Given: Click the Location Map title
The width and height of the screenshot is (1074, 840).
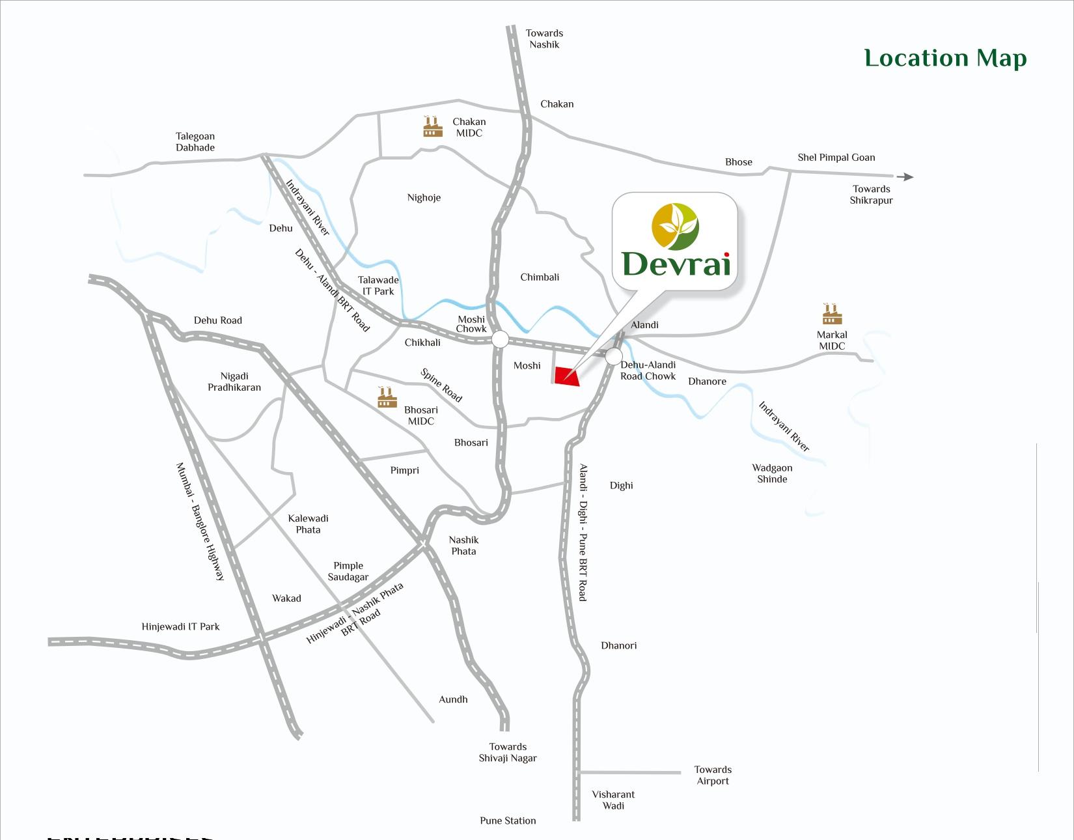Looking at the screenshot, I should click(945, 58).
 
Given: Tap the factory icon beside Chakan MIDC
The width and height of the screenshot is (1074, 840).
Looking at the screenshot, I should click(432, 127).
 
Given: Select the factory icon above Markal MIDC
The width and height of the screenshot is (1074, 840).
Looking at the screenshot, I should click(831, 315).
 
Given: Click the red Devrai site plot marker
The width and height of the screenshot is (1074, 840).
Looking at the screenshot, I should click(566, 376).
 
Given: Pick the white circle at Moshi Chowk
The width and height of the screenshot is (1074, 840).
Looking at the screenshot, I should click(500, 339).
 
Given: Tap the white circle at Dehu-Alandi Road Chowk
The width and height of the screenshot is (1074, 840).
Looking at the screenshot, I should click(613, 356).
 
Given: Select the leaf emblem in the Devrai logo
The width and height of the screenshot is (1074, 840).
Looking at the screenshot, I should click(675, 227).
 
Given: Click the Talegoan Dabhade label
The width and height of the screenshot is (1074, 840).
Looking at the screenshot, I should click(195, 142).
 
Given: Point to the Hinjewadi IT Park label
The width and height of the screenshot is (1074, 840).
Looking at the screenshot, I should click(180, 626).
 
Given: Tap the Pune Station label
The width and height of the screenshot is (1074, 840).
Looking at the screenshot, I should click(508, 820).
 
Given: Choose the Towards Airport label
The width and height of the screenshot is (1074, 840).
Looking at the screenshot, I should click(713, 775).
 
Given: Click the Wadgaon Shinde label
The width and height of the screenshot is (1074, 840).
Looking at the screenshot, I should click(772, 473).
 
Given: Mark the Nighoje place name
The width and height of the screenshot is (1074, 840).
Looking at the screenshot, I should click(424, 197).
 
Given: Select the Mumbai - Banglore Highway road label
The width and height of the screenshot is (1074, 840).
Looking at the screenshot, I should click(200, 521).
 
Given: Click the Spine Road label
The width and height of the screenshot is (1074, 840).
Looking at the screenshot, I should click(441, 385).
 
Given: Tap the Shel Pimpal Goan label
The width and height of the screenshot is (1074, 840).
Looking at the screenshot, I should click(836, 157).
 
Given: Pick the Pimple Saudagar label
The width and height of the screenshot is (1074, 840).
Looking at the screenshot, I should click(348, 571).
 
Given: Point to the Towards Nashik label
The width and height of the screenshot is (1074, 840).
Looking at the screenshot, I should click(544, 38).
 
